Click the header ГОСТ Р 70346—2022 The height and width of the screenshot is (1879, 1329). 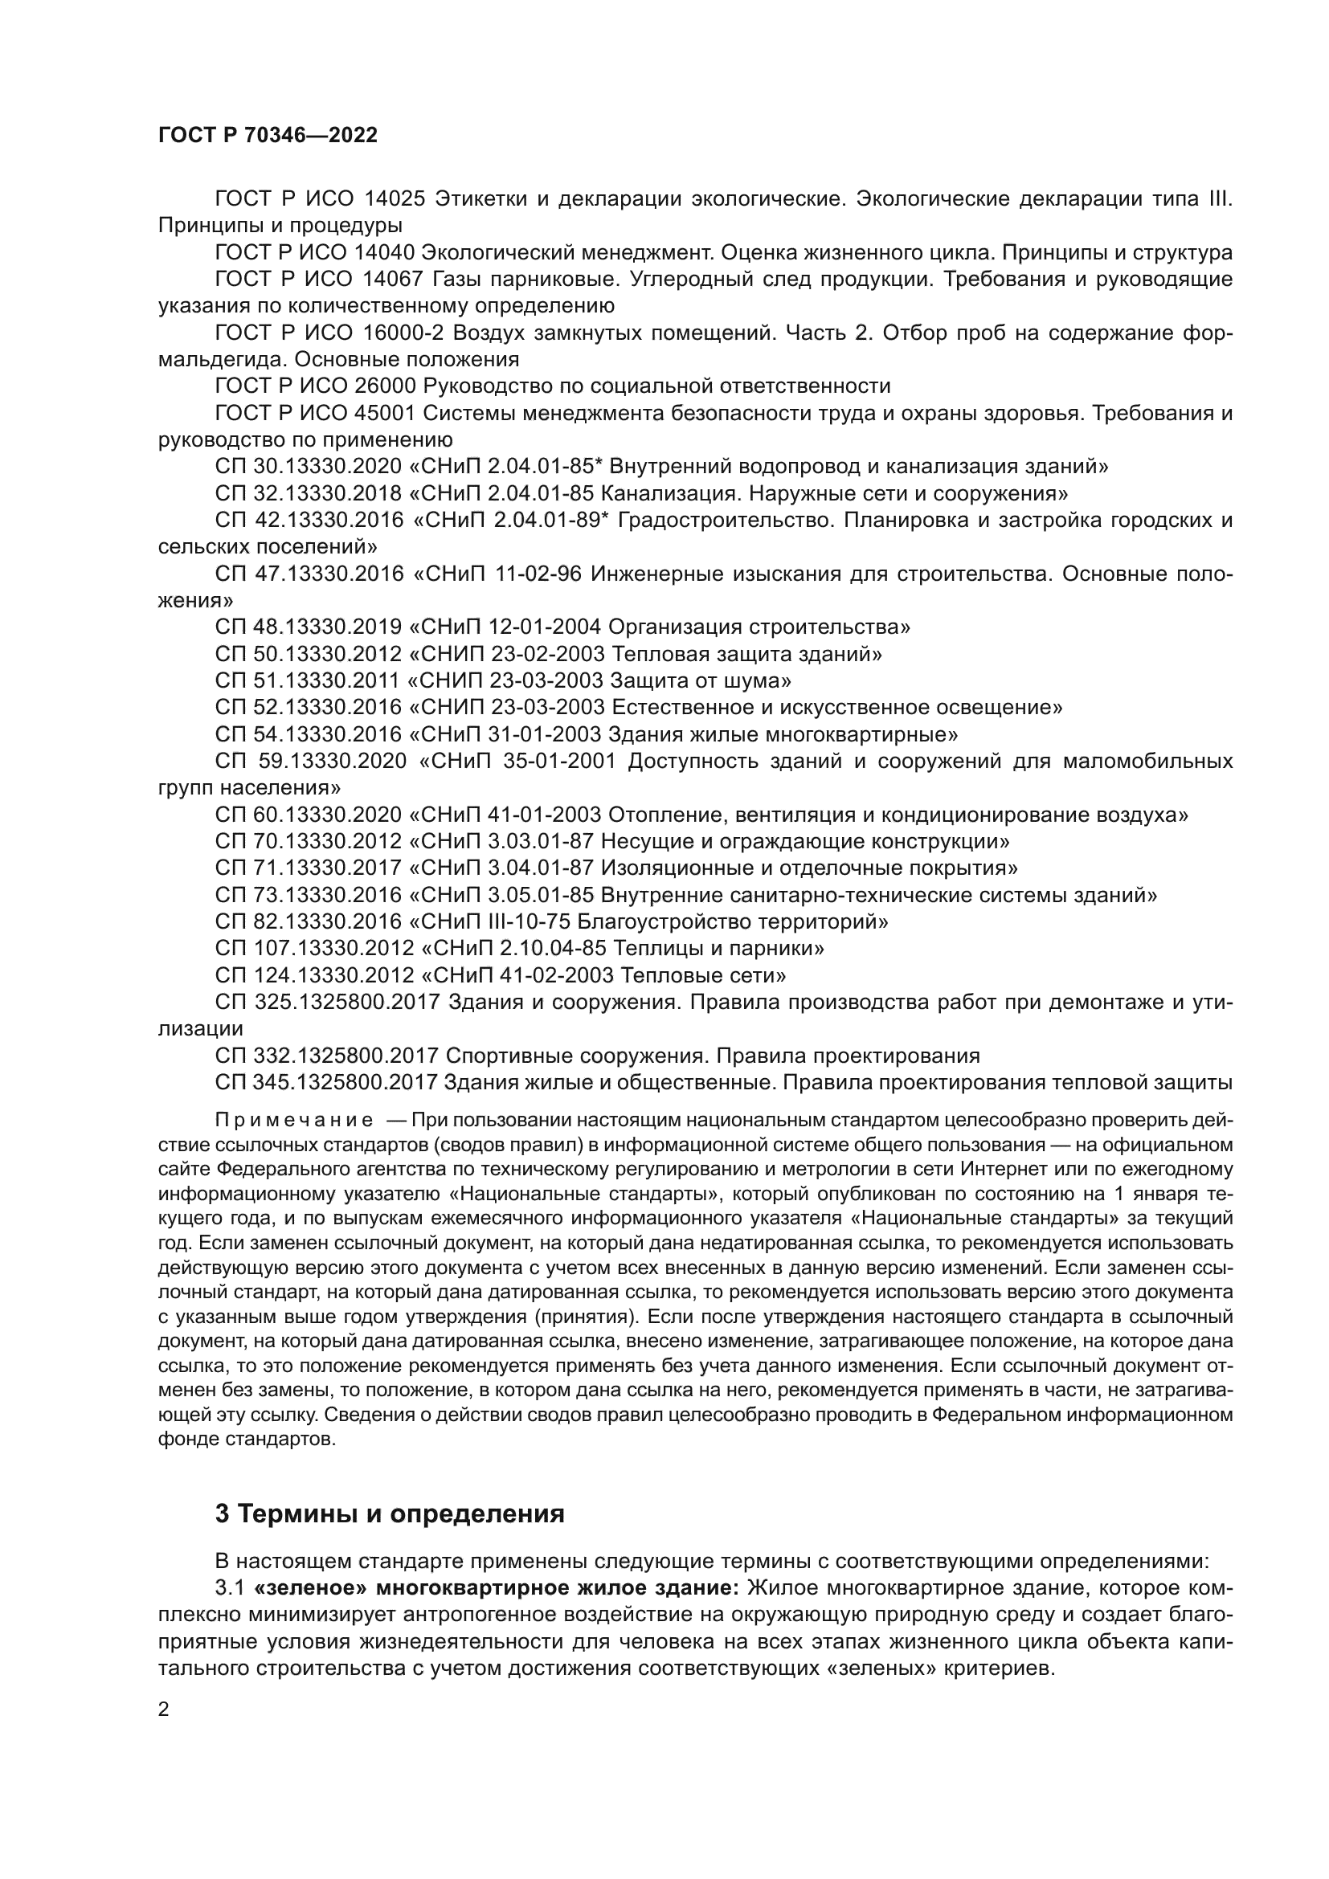268,136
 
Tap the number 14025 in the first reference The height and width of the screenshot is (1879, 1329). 395,199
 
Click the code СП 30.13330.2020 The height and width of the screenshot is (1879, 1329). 309,468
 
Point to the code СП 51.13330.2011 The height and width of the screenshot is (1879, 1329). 308,681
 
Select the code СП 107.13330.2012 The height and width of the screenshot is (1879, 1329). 314,949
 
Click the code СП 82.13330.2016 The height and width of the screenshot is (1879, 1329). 308,922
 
